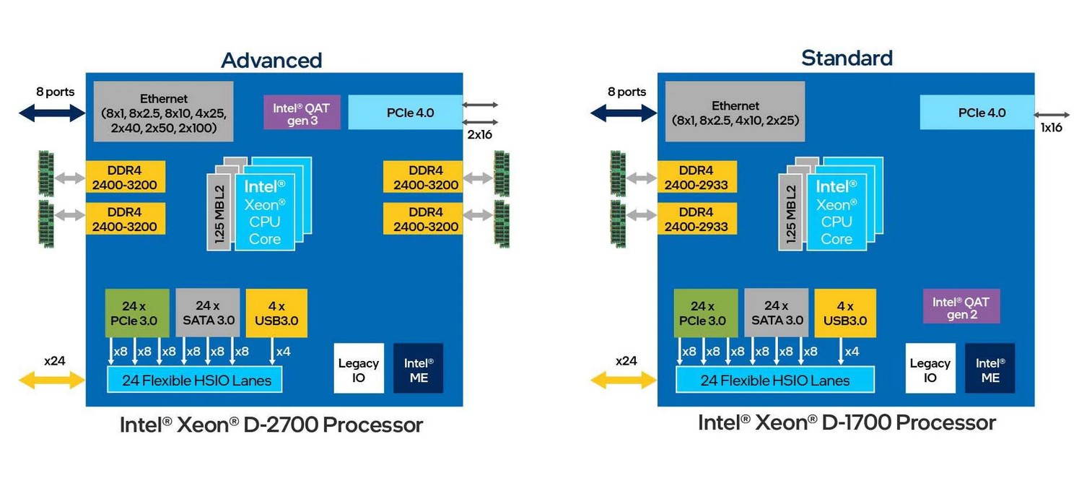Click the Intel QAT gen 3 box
301,112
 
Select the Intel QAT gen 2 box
961,306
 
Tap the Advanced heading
271,59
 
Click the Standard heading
847,57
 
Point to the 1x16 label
1051,128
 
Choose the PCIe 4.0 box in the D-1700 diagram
977,113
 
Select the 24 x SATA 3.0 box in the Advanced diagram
207,313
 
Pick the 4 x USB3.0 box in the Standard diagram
845,313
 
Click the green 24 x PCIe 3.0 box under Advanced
137,313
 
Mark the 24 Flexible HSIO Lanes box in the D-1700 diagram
774,380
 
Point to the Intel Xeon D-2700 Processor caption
271,425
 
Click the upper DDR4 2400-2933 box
696,178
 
